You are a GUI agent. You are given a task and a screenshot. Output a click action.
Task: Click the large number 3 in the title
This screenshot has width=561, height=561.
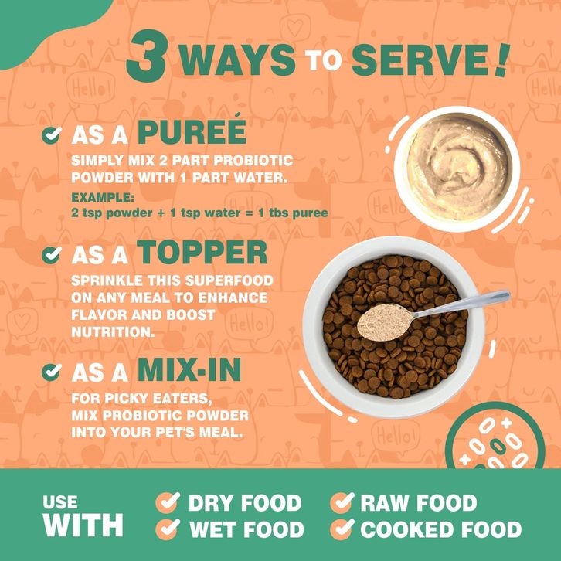point(147,56)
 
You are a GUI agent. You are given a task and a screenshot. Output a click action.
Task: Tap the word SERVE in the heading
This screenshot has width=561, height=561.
point(421,60)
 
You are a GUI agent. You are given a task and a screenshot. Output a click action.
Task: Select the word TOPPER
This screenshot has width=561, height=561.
point(202,252)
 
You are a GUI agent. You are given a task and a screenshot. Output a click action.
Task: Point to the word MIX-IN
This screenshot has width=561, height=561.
point(189,370)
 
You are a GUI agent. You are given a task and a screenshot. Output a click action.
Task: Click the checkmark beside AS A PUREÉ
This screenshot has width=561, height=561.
point(52,135)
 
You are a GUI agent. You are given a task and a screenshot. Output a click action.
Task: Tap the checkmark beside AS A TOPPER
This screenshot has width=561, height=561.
point(52,255)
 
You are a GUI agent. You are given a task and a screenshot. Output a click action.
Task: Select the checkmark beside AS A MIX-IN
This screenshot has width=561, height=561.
point(52,372)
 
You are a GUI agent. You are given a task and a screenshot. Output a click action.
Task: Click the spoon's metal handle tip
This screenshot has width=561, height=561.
point(507,295)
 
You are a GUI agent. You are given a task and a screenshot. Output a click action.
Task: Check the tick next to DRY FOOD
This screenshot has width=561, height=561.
point(168,502)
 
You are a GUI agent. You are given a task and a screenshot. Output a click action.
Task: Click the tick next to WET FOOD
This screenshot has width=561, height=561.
point(168,529)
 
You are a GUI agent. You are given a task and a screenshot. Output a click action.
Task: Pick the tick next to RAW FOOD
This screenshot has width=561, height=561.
point(342,502)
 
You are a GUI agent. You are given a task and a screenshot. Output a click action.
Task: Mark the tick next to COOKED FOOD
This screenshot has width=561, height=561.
point(342,529)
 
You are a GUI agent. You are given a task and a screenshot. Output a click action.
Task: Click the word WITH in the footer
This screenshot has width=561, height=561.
point(83,525)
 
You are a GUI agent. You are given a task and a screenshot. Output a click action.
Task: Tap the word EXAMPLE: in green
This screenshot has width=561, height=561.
point(103,197)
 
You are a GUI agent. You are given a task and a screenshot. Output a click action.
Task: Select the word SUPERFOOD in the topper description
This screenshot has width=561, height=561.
point(229,280)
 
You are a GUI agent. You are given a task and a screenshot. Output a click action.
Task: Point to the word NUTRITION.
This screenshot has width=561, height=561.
point(113,332)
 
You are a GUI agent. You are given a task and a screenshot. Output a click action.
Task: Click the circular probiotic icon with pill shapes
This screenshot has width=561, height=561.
point(495,437)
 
